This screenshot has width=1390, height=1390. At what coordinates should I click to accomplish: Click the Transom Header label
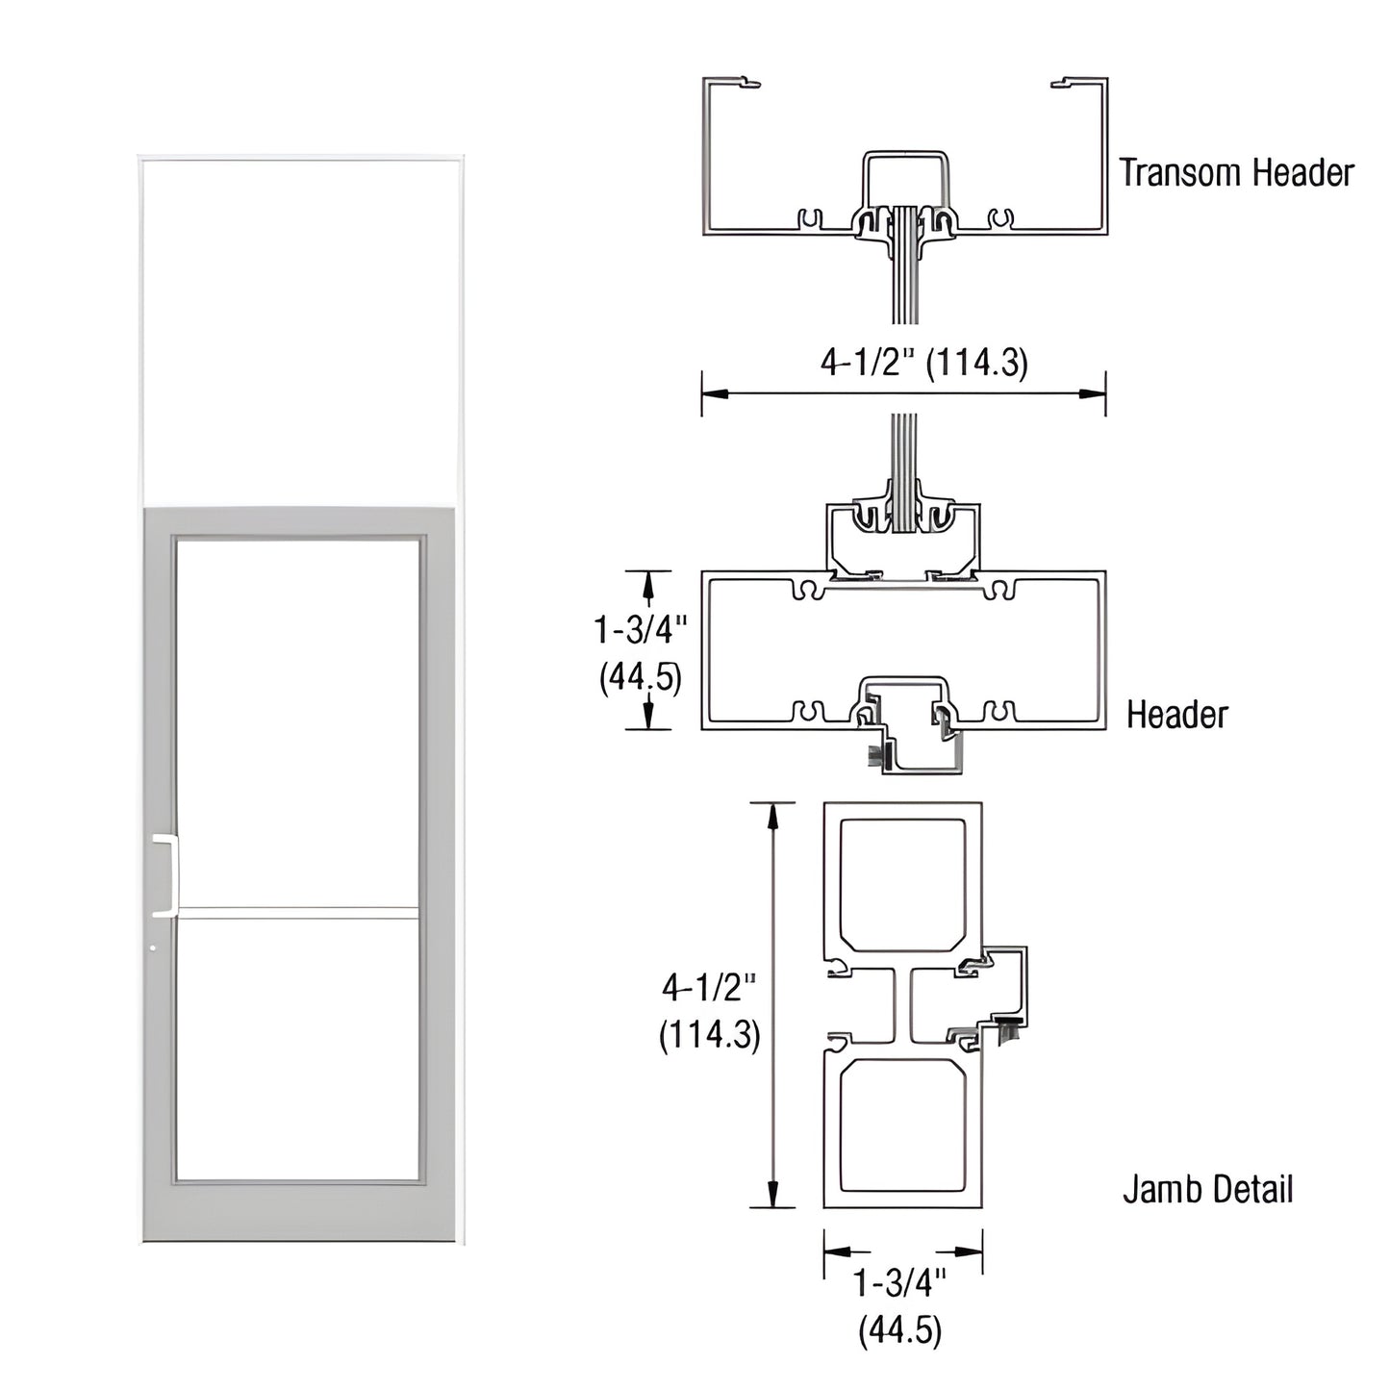[1235, 173]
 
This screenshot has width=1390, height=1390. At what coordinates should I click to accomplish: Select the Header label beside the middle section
[1176, 715]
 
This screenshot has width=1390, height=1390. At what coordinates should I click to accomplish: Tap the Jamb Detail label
[1207, 1190]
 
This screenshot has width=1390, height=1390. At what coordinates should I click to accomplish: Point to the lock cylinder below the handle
[154, 949]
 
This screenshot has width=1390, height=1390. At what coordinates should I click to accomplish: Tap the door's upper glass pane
[298, 721]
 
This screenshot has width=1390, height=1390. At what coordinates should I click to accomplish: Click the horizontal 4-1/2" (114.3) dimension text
[923, 363]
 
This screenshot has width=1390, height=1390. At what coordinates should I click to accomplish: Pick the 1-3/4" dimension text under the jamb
[900, 1283]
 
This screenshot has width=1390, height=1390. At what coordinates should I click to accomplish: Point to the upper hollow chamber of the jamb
[902, 883]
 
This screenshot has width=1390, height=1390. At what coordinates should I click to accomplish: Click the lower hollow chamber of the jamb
[902, 1126]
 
